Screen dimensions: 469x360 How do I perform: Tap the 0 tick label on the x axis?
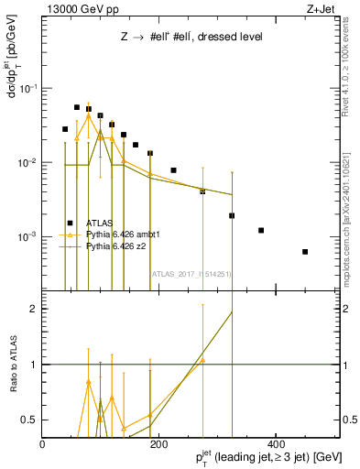pyautogui.click(x=42, y=444)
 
